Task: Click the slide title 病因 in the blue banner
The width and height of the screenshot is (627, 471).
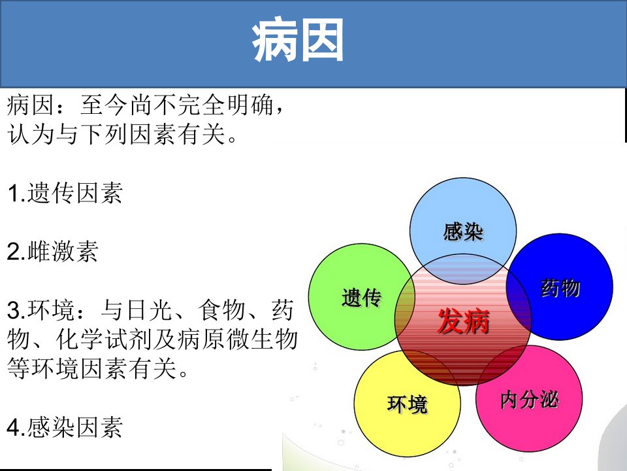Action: click(x=298, y=41)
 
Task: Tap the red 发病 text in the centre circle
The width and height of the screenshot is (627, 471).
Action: click(x=464, y=321)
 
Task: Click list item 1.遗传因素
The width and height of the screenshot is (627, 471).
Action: click(x=65, y=193)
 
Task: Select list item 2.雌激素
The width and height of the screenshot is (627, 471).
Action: click(x=52, y=251)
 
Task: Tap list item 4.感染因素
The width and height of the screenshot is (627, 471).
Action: click(x=65, y=427)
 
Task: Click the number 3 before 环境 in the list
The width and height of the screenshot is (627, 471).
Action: click(x=13, y=311)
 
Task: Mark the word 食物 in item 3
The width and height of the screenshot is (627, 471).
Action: click(x=221, y=310)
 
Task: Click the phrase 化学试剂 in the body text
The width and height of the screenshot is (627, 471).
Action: click(x=104, y=340)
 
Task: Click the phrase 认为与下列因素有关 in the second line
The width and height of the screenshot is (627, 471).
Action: click(x=116, y=133)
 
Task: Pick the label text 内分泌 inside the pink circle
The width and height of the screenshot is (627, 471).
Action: click(x=530, y=400)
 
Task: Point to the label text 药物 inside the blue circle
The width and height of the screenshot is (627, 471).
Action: click(x=560, y=288)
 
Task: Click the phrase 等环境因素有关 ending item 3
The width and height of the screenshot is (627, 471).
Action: click(x=92, y=368)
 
